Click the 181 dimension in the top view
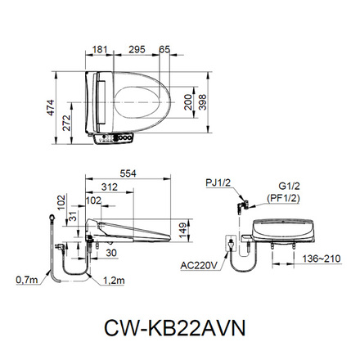tap(100, 50)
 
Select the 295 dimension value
tap(137, 50)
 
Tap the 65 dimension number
tap(164, 50)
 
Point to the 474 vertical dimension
tap(51, 108)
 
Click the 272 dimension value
tap(66, 123)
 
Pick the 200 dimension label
tap(188, 102)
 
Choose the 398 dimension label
tap(203, 102)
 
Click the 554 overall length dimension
tap(128, 173)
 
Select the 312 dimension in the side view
tap(110, 187)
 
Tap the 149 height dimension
tap(183, 231)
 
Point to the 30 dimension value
tap(111, 253)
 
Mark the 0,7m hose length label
tap(27, 280)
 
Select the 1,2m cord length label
tap(114, 280)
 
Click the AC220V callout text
tap(199, 265)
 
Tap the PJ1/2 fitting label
tap(218, 182)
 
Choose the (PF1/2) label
tap(283, 199)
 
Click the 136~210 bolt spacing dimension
tap(322, 259)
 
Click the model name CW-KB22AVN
tap(175, 327)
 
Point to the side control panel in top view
tap(113, 138)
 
